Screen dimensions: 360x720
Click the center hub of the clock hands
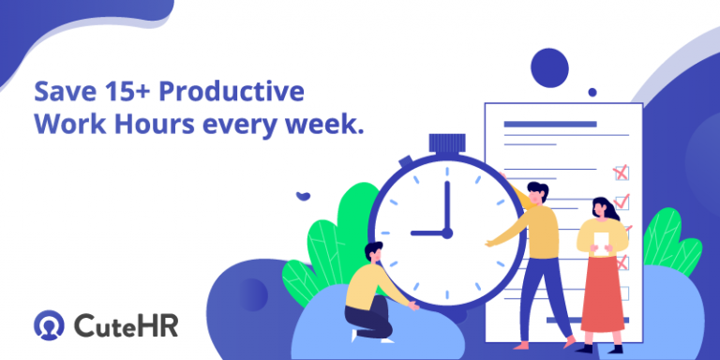tap(446, 232)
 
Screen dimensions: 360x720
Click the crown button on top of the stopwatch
tap(446, 143)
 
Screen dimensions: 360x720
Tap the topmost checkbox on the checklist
tap(621, 172)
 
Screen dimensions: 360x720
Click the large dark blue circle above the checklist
tap(549, 67)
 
